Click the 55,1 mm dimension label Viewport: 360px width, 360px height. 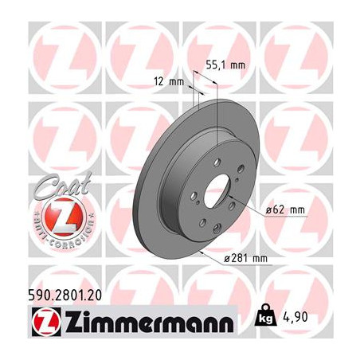pos(225,65)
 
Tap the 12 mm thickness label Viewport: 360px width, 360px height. pos(169,81)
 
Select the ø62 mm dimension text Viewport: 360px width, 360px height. pos(285,210)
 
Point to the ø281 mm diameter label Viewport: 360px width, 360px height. pos(245,258)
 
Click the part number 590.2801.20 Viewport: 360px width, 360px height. pos(65,295)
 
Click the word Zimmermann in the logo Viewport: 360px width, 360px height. pos(150,322)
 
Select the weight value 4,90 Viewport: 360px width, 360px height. pos(295,317)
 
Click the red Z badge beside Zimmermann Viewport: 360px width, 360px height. pos(46,322)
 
